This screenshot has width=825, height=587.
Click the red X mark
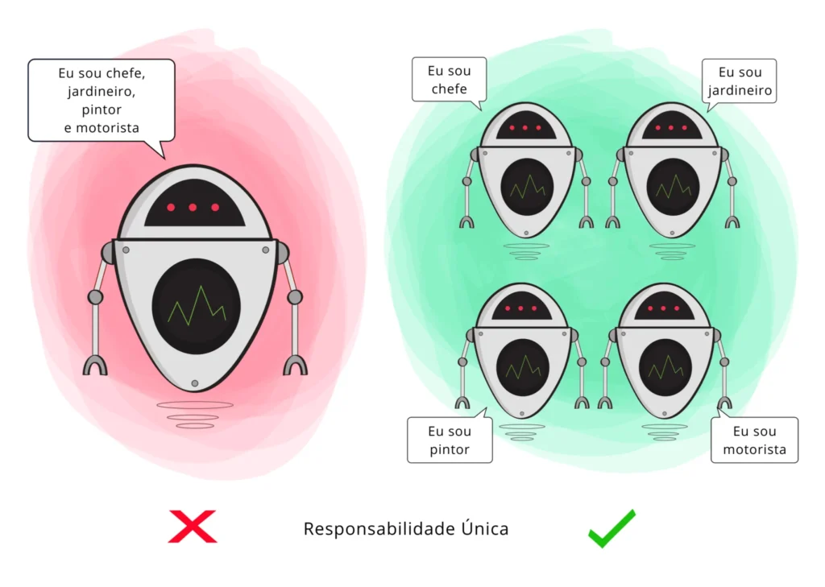(x=193, y=527)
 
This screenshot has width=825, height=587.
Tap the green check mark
(x=611, y=529)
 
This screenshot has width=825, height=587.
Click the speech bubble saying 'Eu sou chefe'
(x=450, y=80)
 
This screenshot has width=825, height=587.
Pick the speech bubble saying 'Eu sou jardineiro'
(x=740, y=81)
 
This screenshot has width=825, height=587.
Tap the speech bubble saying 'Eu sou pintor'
(x=450, y=440)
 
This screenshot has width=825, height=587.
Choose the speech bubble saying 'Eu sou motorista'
(x=754, y=440)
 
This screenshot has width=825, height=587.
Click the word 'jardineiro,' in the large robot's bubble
(x=102, y=91)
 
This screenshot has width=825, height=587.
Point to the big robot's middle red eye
(x=193, y=208)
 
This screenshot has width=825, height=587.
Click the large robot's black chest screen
(x=196, y=306)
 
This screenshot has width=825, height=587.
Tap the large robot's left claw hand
(x=95, y=364)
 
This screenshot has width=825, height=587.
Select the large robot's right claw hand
(x=295, y=364)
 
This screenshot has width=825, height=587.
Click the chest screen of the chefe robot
(x=527, y=187)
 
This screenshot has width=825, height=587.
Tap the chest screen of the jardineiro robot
(x=673, y=187)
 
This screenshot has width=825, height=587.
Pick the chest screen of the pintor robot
(x=523, y=367)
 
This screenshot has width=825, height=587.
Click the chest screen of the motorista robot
(x=665, y=367)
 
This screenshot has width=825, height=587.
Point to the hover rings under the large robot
(x=195, y=415)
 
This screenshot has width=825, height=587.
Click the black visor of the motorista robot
(x=665, y=307)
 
